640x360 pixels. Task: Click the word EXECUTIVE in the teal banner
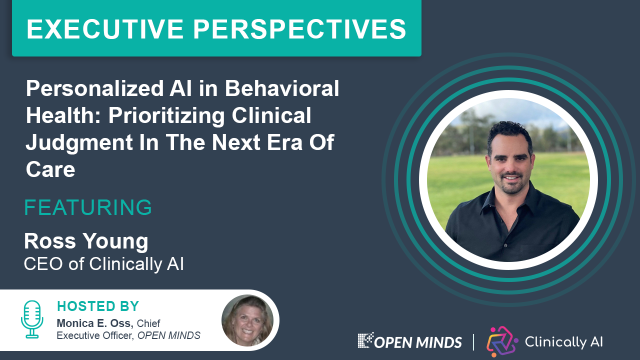(105, 29)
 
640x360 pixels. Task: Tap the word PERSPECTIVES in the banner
(299, 29)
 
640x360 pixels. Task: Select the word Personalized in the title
(95, 89)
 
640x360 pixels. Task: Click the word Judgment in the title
(79, 143)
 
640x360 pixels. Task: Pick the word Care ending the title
(50, 169)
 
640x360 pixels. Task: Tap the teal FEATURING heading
(88, 207)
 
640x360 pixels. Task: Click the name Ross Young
(86, 241)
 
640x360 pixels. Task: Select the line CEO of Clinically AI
(103, 264)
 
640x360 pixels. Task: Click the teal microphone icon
(32, 319)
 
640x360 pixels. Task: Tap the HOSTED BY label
(98, 306)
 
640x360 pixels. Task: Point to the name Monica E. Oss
(95, 323)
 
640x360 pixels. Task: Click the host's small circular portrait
(247, 320)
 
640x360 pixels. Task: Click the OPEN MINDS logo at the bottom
(409, 341)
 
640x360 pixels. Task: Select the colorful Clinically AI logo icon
(502, 341)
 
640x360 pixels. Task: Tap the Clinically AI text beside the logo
(563, 341)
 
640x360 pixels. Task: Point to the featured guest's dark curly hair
(509, 134)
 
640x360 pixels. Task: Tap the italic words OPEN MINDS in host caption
(169, 335)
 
